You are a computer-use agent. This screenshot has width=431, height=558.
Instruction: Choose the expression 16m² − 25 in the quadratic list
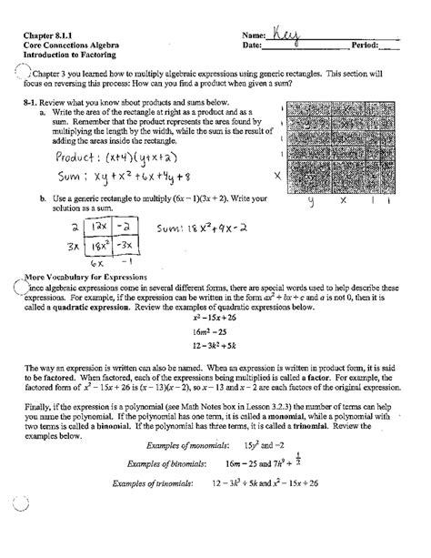215,334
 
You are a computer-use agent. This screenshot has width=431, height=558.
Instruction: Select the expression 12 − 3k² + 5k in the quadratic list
215,347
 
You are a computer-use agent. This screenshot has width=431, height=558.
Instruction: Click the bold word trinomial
322,451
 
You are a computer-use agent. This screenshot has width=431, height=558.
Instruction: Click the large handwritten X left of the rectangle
276,169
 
